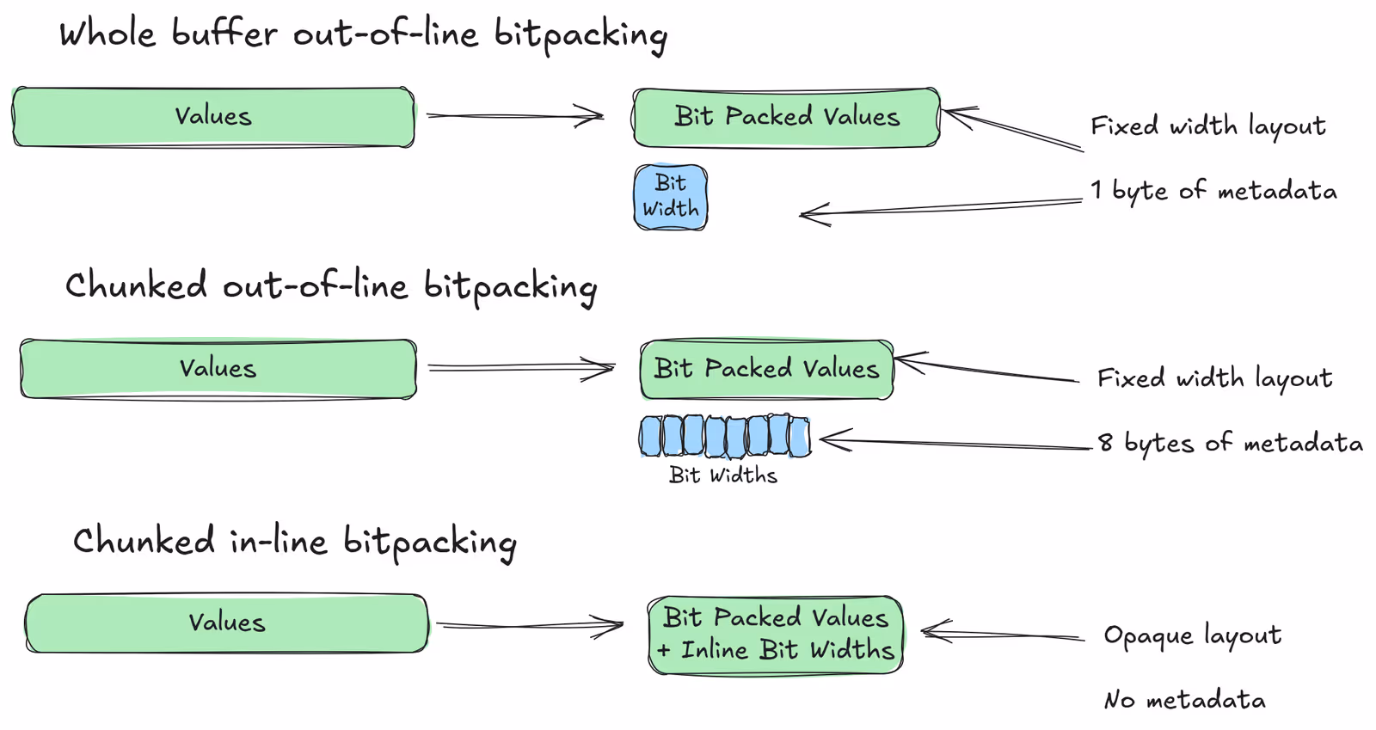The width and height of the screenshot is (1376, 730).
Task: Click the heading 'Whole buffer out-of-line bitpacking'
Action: coord(363,34)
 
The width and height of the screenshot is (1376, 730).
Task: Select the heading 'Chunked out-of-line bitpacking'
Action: coord(331,286)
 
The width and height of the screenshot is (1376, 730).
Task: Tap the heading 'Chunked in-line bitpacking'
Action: coord(294,542)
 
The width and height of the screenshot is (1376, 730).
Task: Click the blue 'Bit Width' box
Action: coord(671,197)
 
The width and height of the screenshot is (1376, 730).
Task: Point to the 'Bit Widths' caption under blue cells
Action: coord(722,475)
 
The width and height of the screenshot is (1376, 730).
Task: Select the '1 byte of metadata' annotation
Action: coord(1213,191)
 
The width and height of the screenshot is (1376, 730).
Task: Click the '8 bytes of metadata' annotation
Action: coord(1230,443)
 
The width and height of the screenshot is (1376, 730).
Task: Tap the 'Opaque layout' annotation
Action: coord(1192,635)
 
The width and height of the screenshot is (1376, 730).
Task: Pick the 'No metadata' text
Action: coord(1184,700)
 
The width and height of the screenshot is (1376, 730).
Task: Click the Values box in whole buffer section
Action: coord(213,117)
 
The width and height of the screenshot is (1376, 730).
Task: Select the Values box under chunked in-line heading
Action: coord(226,623)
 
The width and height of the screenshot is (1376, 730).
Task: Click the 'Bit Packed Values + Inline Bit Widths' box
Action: coord(776,635)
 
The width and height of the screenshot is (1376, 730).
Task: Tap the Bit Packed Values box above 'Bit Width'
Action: coord(786,117)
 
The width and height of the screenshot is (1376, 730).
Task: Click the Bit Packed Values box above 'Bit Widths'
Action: coord(766,369)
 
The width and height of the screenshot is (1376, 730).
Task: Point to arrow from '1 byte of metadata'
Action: coord(942,206)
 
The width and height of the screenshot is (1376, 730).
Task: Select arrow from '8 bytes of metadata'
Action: coord(955,443)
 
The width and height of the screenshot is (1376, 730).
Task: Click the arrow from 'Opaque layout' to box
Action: coord(1002,635)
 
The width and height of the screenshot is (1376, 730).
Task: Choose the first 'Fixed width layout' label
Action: coord(1207,126)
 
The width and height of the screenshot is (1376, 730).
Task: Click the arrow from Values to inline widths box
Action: coord(528,626)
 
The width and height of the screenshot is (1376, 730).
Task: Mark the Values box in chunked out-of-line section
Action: coord(218,369)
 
